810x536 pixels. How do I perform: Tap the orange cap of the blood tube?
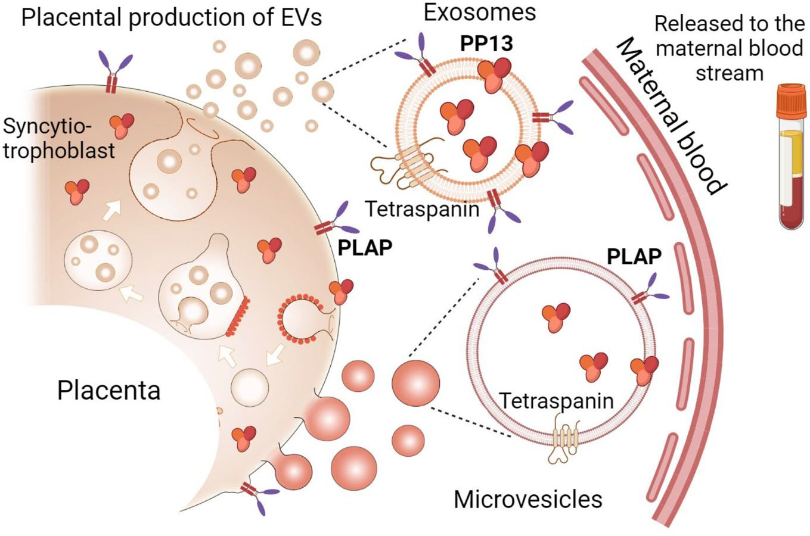click(790, 101)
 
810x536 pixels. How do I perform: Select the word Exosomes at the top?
click(480, 12)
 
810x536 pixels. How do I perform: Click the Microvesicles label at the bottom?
click(528, 498)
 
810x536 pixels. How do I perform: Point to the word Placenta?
click(108, 391)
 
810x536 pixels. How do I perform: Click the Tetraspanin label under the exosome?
click(422, 209)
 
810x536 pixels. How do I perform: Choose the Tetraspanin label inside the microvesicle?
click(556, 401)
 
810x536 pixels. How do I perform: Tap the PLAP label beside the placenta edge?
click(365, 247)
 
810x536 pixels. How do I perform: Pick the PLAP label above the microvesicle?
click(634, 257)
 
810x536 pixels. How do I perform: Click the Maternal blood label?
click(672, 116)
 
